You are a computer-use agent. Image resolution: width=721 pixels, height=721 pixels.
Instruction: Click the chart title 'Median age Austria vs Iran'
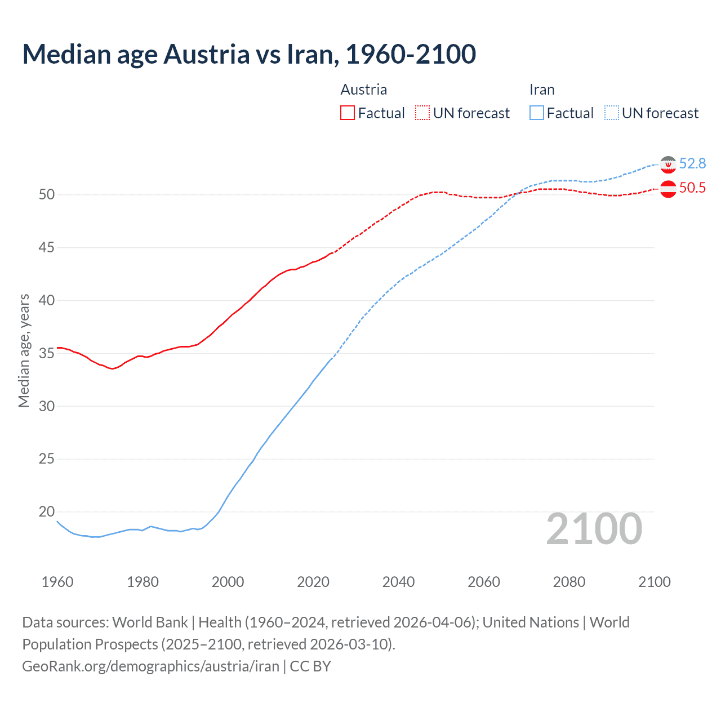click(x=249, y=54)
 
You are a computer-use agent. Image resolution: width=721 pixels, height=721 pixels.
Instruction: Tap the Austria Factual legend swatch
click(x=348, y=113)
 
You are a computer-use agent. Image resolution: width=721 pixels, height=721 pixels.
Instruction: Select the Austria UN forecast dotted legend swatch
click(x=422, y=113)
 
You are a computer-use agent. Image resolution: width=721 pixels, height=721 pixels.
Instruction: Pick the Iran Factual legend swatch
click(x=537, y=113)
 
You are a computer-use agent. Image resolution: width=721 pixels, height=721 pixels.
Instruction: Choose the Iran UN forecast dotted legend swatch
click(x=612, y=113)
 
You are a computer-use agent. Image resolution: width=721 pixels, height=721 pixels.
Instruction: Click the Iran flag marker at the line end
click(x=668, y=164)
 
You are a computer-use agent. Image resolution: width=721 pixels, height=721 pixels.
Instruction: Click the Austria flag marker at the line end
click(x=668, y=189)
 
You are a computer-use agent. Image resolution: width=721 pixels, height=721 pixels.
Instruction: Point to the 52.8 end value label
click(x=692, y=163)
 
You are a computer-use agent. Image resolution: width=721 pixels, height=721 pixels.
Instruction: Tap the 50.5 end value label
click(x=692, y=188)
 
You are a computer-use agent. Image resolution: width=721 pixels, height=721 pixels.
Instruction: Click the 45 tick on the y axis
click(x=47, y=247)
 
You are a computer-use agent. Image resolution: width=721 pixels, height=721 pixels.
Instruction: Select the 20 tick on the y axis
click(x=47, y=511)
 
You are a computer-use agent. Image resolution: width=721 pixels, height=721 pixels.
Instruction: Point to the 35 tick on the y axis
click(x=47, y=353)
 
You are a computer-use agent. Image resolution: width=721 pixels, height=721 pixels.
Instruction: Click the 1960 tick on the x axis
click(x=57, y=582)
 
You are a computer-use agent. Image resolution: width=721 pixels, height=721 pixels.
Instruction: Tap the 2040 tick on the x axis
click(x=398, y=582)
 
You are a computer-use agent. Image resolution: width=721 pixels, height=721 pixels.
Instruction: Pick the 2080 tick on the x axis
click(x=569, y=582)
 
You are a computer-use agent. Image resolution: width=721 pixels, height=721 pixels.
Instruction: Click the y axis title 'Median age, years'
click(x=24, y=350)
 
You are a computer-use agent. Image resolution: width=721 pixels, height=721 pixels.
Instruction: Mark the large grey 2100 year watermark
click(x=594, y=529)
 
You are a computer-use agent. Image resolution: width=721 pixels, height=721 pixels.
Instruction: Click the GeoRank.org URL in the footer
click(x=150, y=666)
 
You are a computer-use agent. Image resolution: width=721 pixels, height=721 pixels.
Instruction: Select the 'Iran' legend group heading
click(x=542, y=90)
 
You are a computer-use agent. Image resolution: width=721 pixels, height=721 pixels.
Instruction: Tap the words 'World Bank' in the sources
click(x=150, y=622)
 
